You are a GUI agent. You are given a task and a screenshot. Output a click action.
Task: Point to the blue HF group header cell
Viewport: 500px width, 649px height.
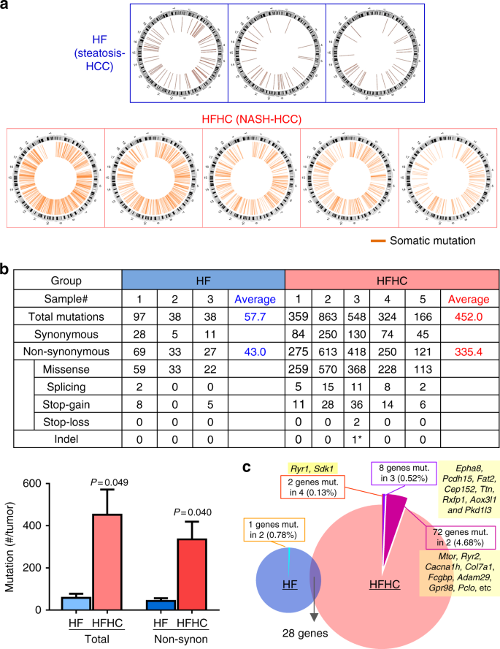[x=203, y=279]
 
